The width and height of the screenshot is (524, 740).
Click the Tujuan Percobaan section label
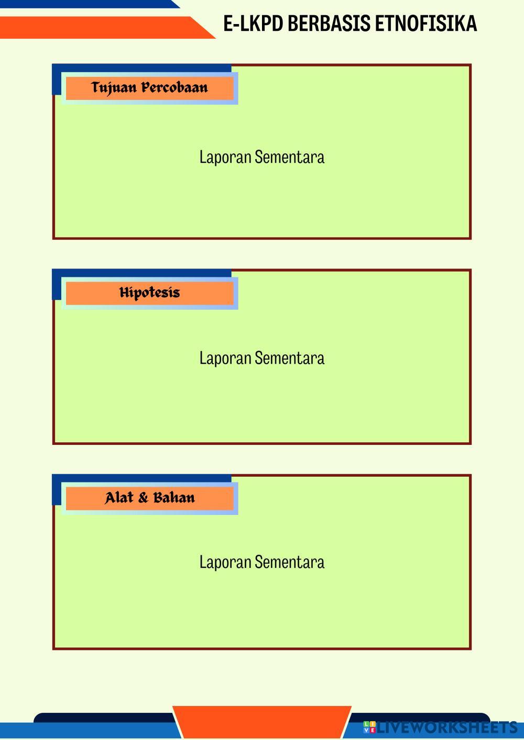149,87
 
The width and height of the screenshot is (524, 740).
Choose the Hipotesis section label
149,293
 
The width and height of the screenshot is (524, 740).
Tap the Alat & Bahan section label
149,498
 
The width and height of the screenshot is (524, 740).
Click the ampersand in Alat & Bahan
143,498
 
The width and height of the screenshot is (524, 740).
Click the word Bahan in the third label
174,498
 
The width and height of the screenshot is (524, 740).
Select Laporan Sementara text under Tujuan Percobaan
262,157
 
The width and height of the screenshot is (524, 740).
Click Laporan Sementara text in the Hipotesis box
262,358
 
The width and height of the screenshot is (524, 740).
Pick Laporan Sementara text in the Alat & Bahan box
262,562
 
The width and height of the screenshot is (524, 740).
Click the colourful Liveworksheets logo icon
369,727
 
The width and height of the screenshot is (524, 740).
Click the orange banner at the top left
100,27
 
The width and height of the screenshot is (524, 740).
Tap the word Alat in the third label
119,498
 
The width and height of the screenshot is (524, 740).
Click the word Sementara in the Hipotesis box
290,358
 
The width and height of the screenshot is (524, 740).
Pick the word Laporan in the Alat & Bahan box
225,562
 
